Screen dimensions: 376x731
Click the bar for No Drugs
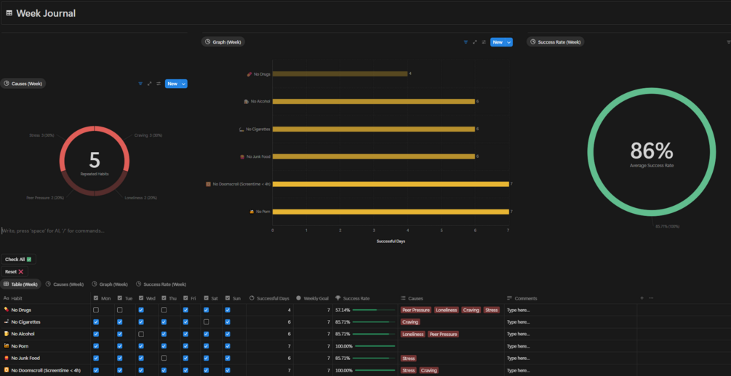pyautogui.click(x=340, y=73)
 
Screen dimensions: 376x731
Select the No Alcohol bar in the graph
pyautogui.click(x=374, y=101)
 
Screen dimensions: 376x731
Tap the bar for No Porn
pyautogui.click(x=391, y=212)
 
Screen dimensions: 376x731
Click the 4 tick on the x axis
pyautogui.click(x=407, y=230)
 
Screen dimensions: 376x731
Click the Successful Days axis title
pyautogui.click(x=391, y=241)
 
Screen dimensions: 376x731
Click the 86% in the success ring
pyautogui.click(x=652, y=151)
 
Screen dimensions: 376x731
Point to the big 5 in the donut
pyautogui.click(x=94, y=159)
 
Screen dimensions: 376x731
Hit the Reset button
pyautogui.click(x=15, y=271)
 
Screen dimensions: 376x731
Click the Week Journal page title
pyautogui.click(x=45, y=13)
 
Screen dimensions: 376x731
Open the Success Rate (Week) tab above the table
pyautogui.click(x=164, y=284)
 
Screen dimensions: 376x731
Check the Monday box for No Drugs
pyautogui.click(x=96, y=310)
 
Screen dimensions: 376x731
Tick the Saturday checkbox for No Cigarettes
pyautogui.click(x=206, y=321)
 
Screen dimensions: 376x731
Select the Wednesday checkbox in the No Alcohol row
pyautogui.click(x=141, y=334)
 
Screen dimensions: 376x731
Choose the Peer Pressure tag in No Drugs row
pyautogui.click(x=416, y=310)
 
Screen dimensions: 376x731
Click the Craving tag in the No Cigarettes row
pyautogui.click(x=410, y=321)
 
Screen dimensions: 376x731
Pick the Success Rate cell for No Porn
pyautogui.click(x=364, y=346)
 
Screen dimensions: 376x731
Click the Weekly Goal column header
pyautogui.click(x=316, y=298)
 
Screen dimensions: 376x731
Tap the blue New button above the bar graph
pyautogui.click(x=498, y=42)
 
